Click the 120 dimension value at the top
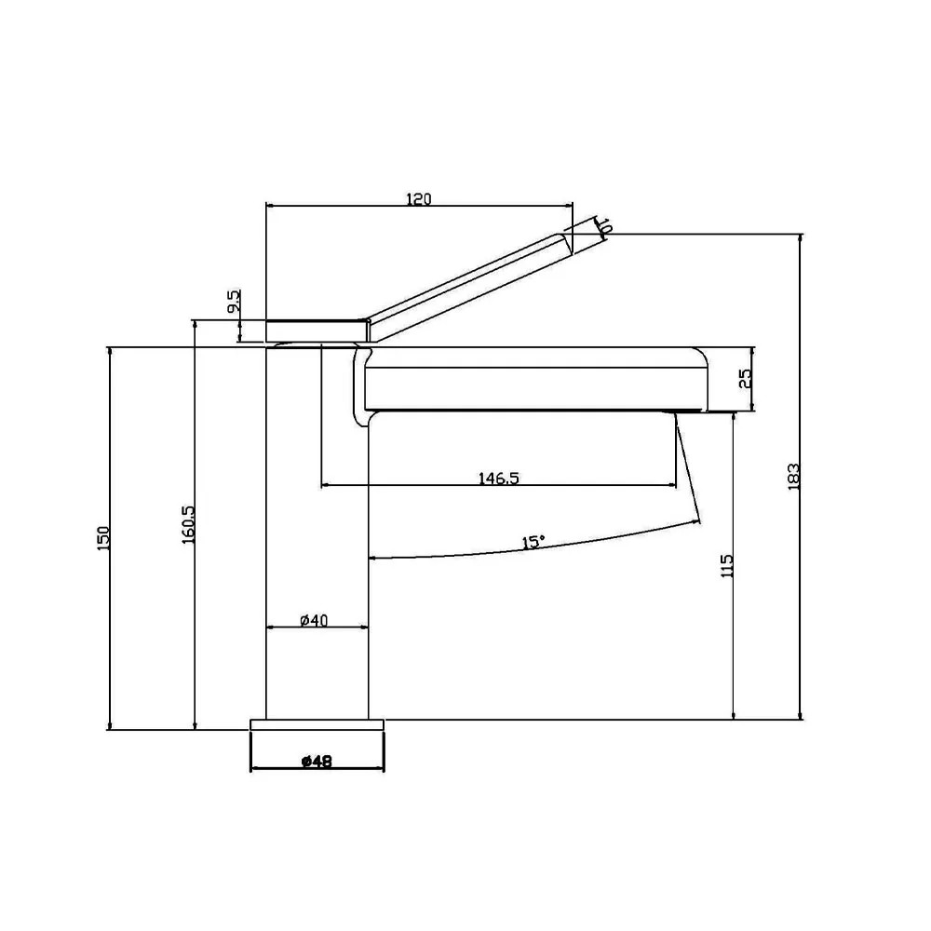tap(419, 199)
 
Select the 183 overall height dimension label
tap(794, 476)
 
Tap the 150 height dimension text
tap(103, 538)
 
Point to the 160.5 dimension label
tap(188, 524)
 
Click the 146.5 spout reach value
tap(499, 478)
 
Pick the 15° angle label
tap(533, 542)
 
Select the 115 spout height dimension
tap(727, 566)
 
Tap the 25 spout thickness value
tap(745, 378)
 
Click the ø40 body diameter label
tap(314, 620)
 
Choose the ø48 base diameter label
tap(317, 762)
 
